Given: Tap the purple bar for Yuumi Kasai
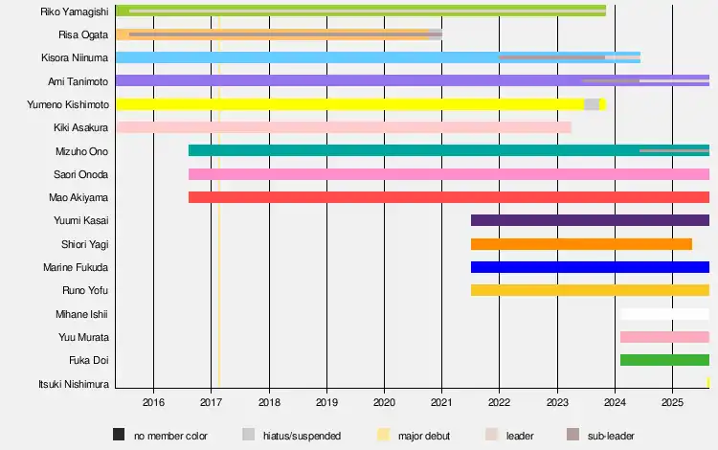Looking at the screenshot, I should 590,220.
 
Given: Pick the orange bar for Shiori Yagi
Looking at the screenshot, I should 581,244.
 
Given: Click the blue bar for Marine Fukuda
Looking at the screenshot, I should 590,267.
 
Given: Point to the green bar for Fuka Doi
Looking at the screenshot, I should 664,360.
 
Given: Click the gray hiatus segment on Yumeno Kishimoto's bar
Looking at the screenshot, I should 592,104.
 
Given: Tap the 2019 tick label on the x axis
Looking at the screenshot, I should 326,402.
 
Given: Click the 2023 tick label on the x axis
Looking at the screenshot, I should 557,402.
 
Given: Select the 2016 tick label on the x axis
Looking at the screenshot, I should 153,402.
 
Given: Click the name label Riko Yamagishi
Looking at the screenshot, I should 75,11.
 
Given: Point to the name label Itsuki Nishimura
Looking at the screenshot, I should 74,384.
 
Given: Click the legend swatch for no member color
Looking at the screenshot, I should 119,436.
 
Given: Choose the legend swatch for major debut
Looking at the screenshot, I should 383,436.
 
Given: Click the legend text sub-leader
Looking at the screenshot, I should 611,436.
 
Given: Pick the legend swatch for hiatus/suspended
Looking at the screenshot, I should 248,436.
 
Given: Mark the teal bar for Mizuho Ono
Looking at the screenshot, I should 412,150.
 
